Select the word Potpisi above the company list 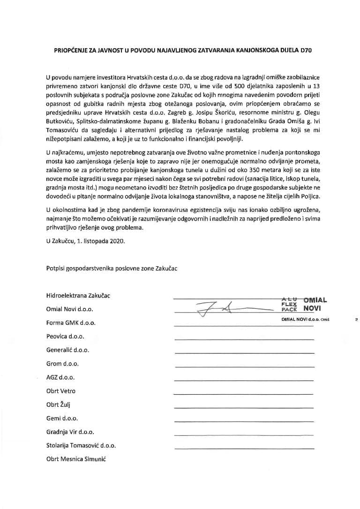click(x=57, y=268)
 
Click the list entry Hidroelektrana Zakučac click(x=78, y=296)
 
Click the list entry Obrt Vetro click(x=61, y=391)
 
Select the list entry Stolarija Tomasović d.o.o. click(x=81, y=445)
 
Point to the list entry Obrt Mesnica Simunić click(x=76, y=459)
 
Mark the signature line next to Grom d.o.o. click(x=244, y=367)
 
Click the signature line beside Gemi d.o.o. click(x=244, y=421)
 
